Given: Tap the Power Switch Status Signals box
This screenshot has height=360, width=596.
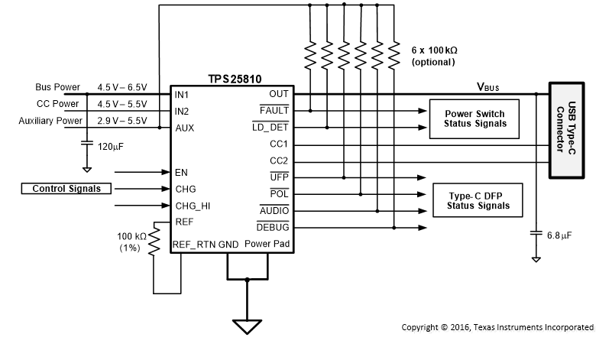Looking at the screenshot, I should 468,119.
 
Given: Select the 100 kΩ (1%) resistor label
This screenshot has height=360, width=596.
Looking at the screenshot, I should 131,243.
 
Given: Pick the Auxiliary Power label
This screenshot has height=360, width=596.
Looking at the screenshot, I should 50,120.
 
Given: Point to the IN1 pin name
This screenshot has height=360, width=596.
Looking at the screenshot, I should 182,95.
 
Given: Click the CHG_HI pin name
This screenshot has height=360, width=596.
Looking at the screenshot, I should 192,206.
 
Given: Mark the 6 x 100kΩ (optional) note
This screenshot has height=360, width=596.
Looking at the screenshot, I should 434,55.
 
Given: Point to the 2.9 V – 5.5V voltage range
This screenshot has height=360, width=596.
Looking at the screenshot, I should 122,120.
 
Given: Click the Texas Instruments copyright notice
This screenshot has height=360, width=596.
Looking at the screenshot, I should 497,327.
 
